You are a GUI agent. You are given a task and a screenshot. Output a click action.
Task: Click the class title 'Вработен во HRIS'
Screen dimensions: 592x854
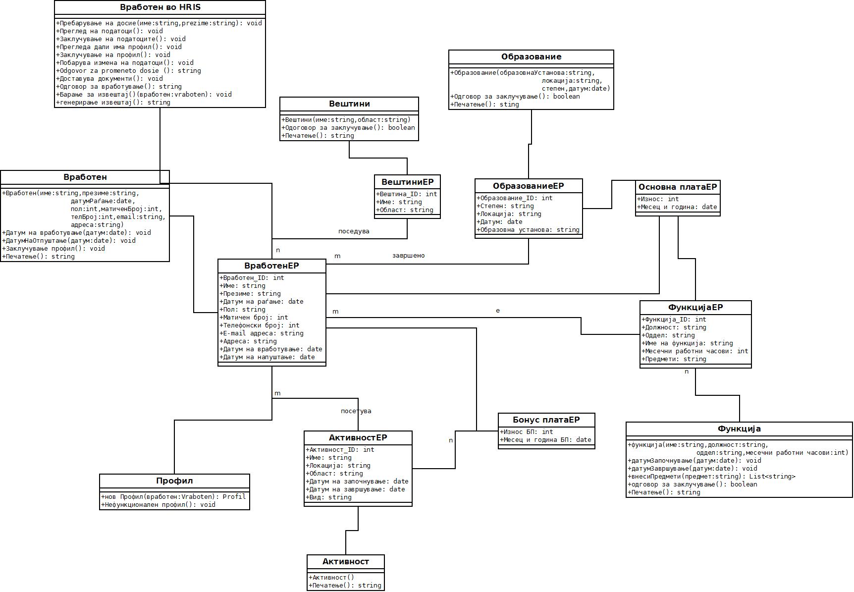[160, 7]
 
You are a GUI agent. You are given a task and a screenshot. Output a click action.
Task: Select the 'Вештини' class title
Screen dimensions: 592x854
[349, 104]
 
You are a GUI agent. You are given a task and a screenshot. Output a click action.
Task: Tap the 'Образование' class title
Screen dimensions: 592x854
[531, 57]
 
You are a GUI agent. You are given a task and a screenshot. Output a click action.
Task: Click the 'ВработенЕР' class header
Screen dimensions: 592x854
[271, 266]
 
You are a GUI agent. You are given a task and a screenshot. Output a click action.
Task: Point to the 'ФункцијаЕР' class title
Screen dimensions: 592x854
[695, 308]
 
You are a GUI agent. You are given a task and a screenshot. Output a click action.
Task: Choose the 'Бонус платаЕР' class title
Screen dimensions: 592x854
[546, 420]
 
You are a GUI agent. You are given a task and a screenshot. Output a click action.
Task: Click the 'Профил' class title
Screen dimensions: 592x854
[174, 481]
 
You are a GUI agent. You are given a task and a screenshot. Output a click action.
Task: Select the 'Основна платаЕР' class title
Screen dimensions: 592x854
[678, 187]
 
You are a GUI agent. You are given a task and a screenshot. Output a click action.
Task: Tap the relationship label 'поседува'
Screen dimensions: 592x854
[354, 231]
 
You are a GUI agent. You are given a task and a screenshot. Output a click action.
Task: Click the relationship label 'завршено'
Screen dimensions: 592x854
[409, 256]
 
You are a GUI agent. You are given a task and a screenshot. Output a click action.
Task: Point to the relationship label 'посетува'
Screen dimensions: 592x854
[356, 411]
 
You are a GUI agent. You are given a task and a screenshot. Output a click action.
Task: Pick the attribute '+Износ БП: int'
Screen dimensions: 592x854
[526, 432]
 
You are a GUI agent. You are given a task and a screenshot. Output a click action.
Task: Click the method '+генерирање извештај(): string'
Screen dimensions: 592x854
[113, 103]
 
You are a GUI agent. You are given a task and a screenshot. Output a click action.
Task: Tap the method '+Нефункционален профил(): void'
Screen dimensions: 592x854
[159, 505]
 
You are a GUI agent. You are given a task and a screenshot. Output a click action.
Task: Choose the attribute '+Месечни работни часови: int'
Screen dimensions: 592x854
[694, 351]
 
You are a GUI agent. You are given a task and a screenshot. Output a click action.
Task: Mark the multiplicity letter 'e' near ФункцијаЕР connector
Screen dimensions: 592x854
[498, 311]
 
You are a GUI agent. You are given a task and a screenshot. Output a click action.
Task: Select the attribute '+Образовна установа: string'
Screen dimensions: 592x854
[528, 230]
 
